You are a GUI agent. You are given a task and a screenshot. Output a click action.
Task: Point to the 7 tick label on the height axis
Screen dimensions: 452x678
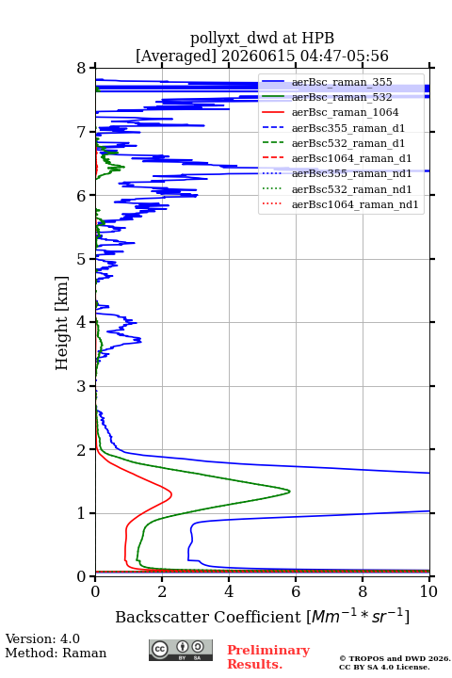[82, 132]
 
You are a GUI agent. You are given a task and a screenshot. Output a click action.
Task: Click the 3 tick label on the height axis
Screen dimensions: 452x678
[82, 386]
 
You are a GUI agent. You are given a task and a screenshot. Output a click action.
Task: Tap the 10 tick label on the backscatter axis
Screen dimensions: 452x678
[428, 591]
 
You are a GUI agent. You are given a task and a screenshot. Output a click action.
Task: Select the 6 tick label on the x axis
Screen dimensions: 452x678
[296, 591]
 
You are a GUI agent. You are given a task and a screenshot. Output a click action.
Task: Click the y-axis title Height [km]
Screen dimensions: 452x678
[62, 323]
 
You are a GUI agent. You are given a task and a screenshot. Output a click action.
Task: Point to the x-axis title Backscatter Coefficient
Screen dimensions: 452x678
[208, 617]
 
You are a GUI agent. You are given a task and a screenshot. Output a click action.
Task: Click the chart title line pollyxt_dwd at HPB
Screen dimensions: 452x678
[262, 38]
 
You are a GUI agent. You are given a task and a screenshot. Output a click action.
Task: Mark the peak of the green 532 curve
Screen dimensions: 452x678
[289, 492]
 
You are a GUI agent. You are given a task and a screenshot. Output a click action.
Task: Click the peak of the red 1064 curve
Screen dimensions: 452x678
[171, 493]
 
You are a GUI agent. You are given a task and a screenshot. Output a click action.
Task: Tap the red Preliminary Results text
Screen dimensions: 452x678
[268, 656]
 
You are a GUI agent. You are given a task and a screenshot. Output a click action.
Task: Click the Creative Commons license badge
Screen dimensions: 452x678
[181, 650]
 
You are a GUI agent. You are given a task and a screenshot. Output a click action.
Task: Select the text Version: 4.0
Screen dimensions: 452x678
[42, 638]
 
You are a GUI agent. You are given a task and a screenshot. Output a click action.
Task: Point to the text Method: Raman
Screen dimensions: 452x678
[56, 653]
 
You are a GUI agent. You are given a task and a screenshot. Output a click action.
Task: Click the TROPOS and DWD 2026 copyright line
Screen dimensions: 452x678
[395, 658]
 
